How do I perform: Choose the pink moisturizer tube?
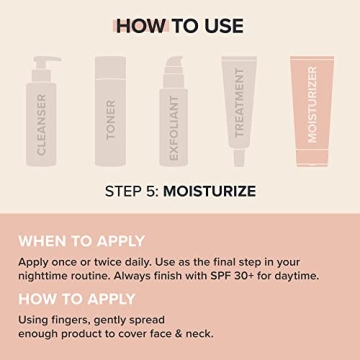click(x=314, y=110)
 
